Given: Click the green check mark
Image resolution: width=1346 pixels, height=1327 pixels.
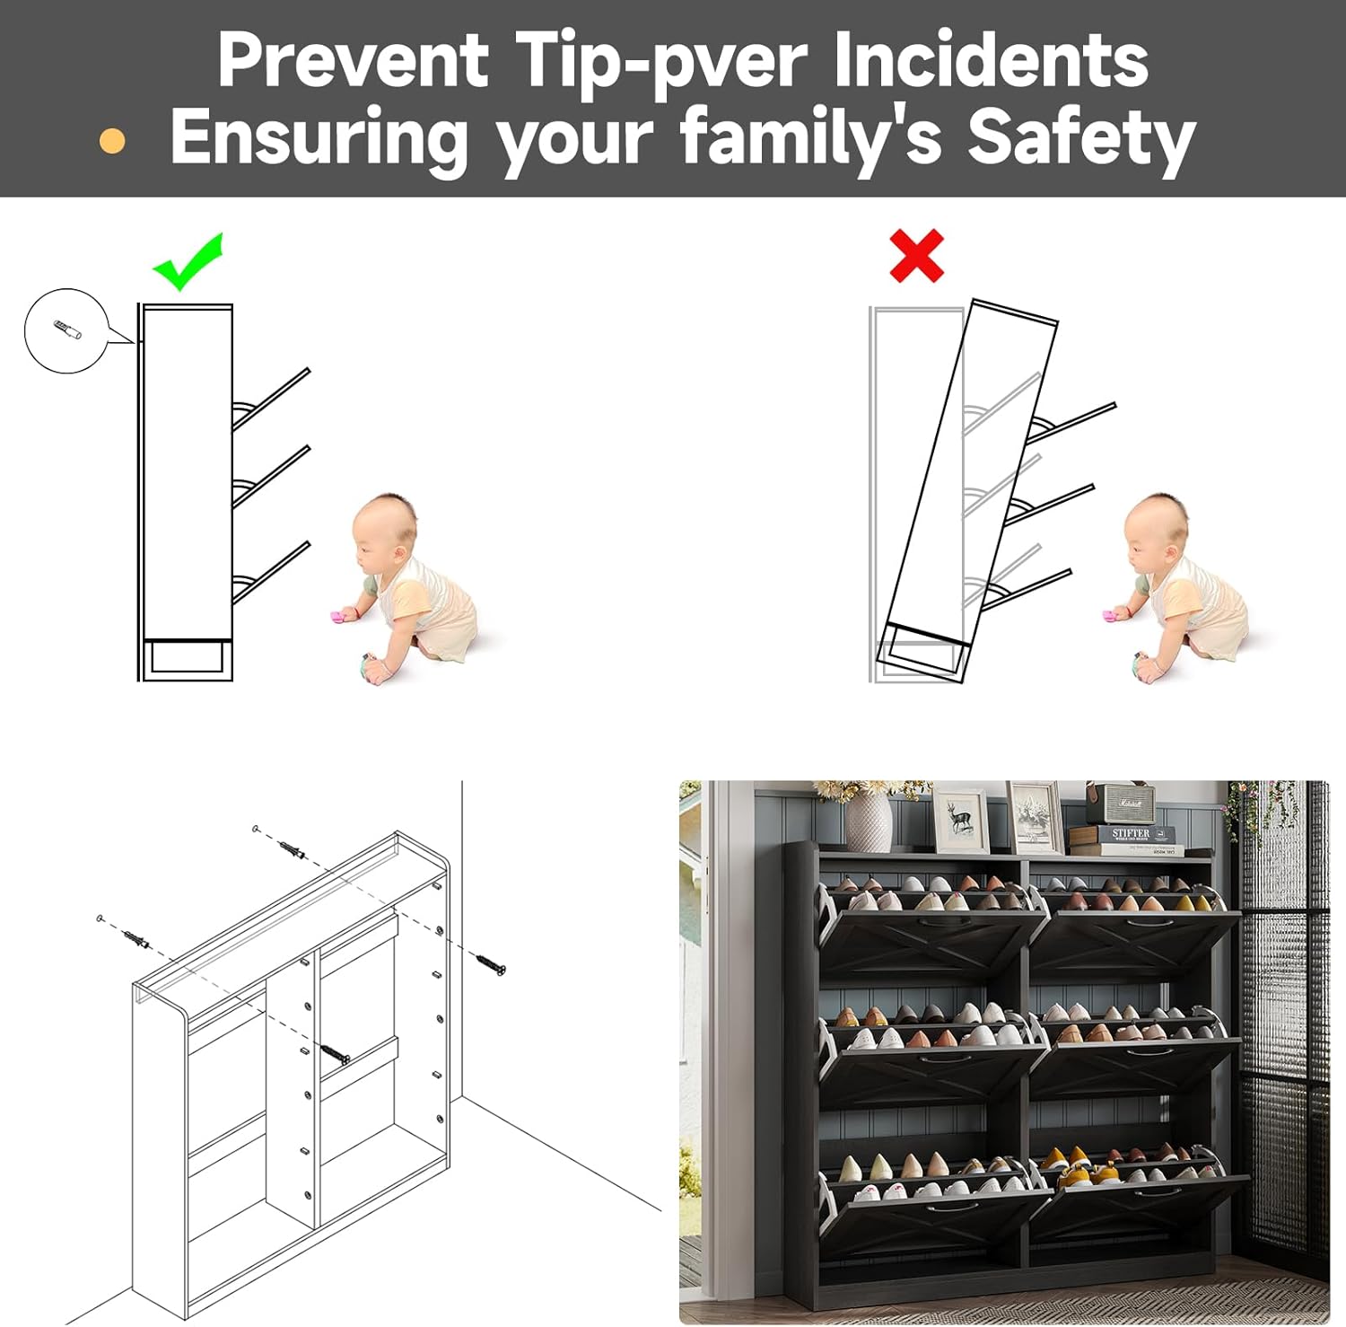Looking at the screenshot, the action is tap(186, 262).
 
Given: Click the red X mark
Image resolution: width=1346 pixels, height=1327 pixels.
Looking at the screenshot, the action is tap(916, 256).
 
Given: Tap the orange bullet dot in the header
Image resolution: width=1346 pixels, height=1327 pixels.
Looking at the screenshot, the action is tap(112, 141).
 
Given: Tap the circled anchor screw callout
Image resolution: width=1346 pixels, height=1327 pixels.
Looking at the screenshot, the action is tap(66, 330).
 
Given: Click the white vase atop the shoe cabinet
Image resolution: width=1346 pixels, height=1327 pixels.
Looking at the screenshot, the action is tap(868, 822).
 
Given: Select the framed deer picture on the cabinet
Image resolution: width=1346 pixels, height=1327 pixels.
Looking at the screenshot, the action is tap(961, 819).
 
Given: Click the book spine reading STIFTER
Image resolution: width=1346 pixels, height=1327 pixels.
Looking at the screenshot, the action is tap(1130, 834).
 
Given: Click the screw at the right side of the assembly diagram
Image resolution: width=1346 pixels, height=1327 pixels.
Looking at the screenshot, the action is tap(490, 964).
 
